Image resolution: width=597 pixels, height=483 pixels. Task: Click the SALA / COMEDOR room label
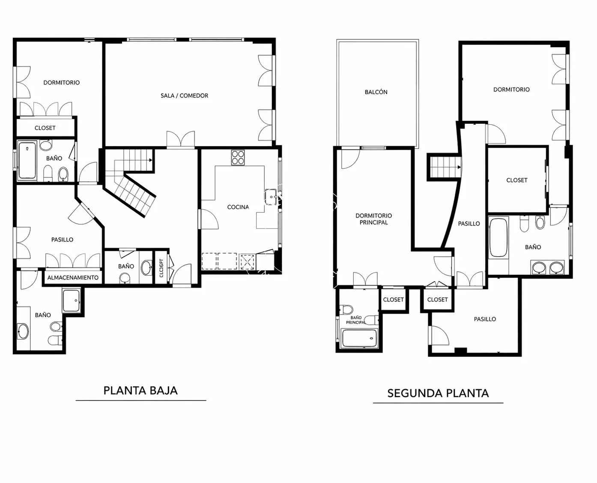click(x=184, y=96)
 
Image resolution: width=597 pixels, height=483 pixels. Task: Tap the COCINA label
click(x=238, y=207)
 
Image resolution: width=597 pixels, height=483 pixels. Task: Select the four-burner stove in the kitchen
click(x=238, y=158)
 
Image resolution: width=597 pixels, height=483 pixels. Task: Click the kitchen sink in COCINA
click(x=271, y=197)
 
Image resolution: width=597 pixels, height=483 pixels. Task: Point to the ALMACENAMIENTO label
click(x=73, y=278)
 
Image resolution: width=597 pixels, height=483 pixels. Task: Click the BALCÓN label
click(x=376, y=92)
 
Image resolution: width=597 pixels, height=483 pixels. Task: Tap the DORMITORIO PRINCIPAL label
click(x=373, y=219)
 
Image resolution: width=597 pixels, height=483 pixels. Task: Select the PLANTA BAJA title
click(x=140, y=391)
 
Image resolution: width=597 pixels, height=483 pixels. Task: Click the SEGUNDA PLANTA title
click(x=438, y=393)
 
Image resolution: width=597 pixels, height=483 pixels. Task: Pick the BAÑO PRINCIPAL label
click(x=356, y=320)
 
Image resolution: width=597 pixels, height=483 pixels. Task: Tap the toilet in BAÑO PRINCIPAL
click(x=346, y=309)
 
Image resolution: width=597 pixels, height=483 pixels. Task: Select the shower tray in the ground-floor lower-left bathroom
click(x=71, y=300)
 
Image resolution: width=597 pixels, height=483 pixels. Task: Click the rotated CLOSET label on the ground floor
click(x=161, y=268)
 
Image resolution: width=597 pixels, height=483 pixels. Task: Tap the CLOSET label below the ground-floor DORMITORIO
click(x=45, y=128)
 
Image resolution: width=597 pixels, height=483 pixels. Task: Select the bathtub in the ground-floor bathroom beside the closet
click(x=27, y=160)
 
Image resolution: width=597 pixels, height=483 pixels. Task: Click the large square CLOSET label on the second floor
click(x=517, y=180)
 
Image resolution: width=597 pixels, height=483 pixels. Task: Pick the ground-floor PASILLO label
click(x=62, y=240)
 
